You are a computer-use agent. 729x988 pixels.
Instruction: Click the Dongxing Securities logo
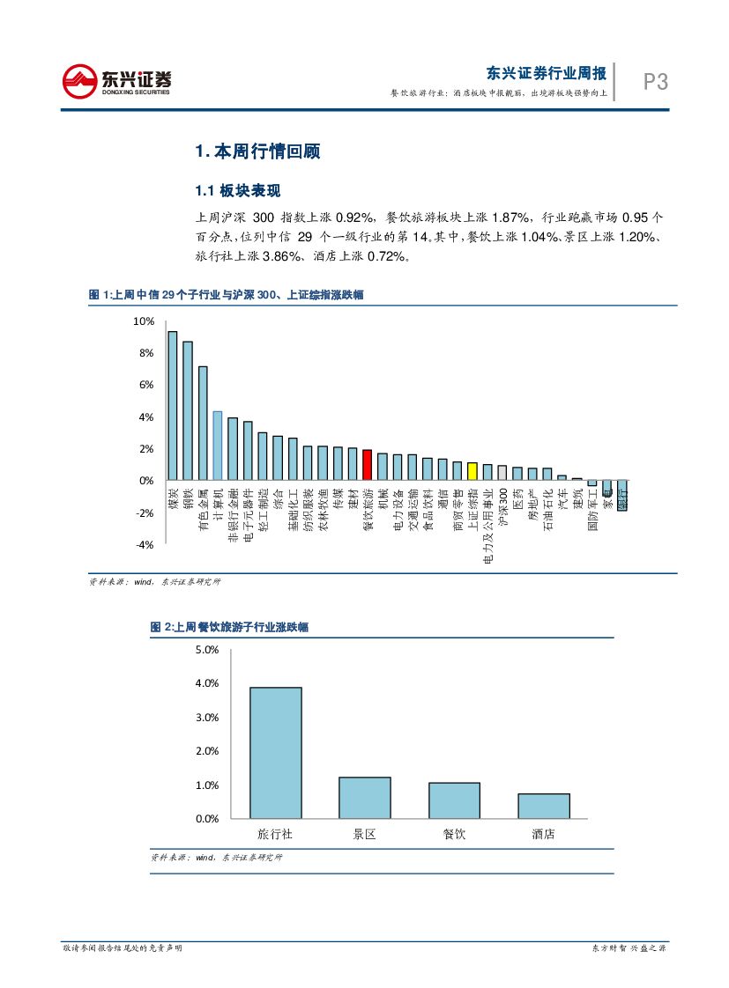tap(116, 81)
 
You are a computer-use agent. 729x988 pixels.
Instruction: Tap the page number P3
tap(655, 83)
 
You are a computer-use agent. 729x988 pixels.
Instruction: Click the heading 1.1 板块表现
tap(237, 191)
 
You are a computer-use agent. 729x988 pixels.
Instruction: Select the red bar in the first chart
tap(367, 465)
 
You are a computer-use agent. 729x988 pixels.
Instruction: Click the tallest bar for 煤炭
tap(172, 406)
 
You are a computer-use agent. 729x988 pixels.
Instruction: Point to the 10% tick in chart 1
tap(143, 321)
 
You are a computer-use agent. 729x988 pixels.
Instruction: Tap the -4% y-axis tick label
tap(143, 545)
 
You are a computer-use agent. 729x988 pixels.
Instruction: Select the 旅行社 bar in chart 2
tap(275, 753)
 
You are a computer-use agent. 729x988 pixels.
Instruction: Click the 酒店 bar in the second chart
tap(543, 806)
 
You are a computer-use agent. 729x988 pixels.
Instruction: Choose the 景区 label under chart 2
tap(364, 834)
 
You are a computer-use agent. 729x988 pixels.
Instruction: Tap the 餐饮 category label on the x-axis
tap(454, 834)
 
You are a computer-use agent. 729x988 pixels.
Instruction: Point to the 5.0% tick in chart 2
tap(205, 650)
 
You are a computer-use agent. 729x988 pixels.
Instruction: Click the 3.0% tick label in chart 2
tap(205, 718)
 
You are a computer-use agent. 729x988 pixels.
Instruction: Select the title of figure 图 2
tap(228, 628)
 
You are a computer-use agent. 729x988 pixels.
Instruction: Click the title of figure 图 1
tap(226, 296)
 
